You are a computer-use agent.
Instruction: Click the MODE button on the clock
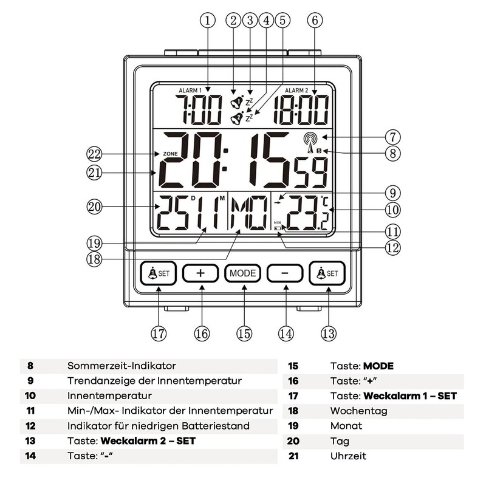[x=243, y=273]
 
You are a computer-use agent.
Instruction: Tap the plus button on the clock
[x=200, y=273]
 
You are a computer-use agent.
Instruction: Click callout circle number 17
[x=159, y=333]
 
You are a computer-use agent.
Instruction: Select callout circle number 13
[x=329, y=333]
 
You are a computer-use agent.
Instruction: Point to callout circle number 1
[x=207, y=19]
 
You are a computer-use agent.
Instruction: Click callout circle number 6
[x=314, y=19]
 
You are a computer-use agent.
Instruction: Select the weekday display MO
[x=249, y=214]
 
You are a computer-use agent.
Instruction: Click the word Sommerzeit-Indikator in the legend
[x=122, y=366]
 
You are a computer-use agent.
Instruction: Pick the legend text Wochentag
[x=358, y=411]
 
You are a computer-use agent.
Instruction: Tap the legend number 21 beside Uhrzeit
[x=293, y=456]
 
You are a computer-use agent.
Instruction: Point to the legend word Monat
[x=346, y=426]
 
